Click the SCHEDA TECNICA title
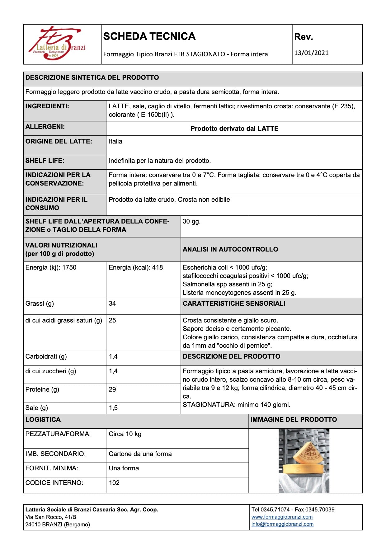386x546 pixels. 149,36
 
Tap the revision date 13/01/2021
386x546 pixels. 311,53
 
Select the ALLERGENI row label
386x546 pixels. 45,127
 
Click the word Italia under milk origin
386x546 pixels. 115,141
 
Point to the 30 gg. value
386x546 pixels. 191,221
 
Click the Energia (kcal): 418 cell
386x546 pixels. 136,267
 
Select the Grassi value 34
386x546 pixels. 112,304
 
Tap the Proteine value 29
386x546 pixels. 112,389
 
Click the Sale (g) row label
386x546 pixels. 37,408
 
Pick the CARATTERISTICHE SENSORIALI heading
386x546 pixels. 234,304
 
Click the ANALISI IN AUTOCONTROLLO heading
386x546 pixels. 230,249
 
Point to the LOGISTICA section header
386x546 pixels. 43,420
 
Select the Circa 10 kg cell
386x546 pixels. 125,434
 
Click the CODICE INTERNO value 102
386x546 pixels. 114,483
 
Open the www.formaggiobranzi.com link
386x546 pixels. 282,517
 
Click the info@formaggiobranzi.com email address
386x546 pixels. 282,524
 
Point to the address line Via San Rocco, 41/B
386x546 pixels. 51,517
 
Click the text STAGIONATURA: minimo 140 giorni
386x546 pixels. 236,405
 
